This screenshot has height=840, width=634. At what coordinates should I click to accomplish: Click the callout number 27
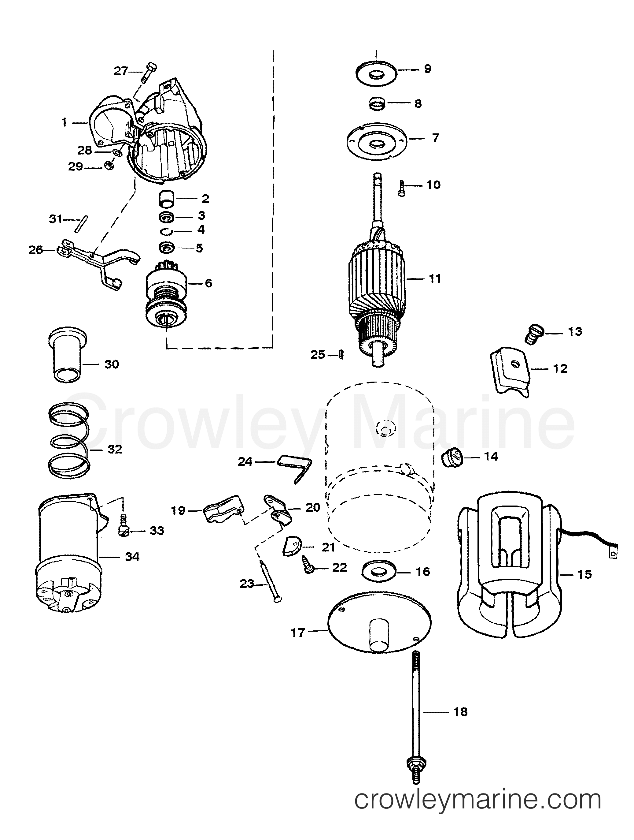121,71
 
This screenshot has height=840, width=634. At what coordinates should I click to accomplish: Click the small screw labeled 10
402,188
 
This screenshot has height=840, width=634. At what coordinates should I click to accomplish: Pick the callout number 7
435,138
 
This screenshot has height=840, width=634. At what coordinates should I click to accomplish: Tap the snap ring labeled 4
166,232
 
